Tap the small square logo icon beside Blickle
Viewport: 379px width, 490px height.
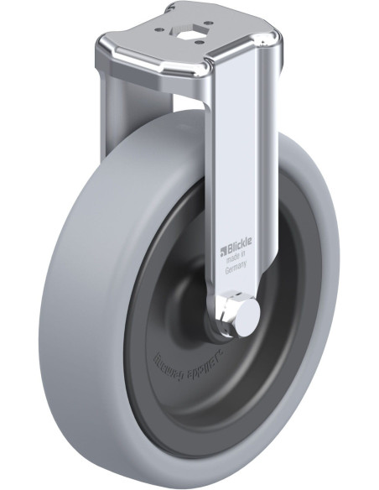click(223, 249)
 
